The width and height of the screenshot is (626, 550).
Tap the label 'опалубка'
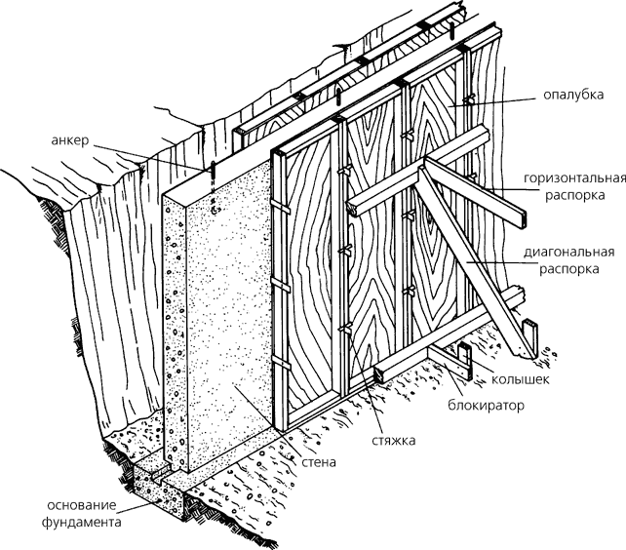569,97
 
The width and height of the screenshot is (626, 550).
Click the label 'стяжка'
394,441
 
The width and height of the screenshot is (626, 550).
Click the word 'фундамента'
88,523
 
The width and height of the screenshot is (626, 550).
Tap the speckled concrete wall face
229,312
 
